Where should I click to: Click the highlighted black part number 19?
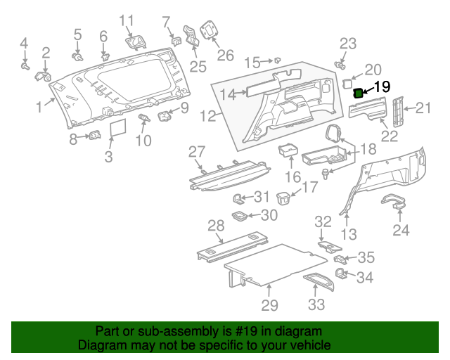coord(358,92)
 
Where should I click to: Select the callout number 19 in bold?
coord(380,87)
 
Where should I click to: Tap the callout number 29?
coord(269,305)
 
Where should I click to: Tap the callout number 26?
coord(224,55)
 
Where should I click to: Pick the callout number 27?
coord(196,152)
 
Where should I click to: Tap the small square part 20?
coord(347,83)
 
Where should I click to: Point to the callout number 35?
coord(366,257)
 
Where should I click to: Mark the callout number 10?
coord(143,141)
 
